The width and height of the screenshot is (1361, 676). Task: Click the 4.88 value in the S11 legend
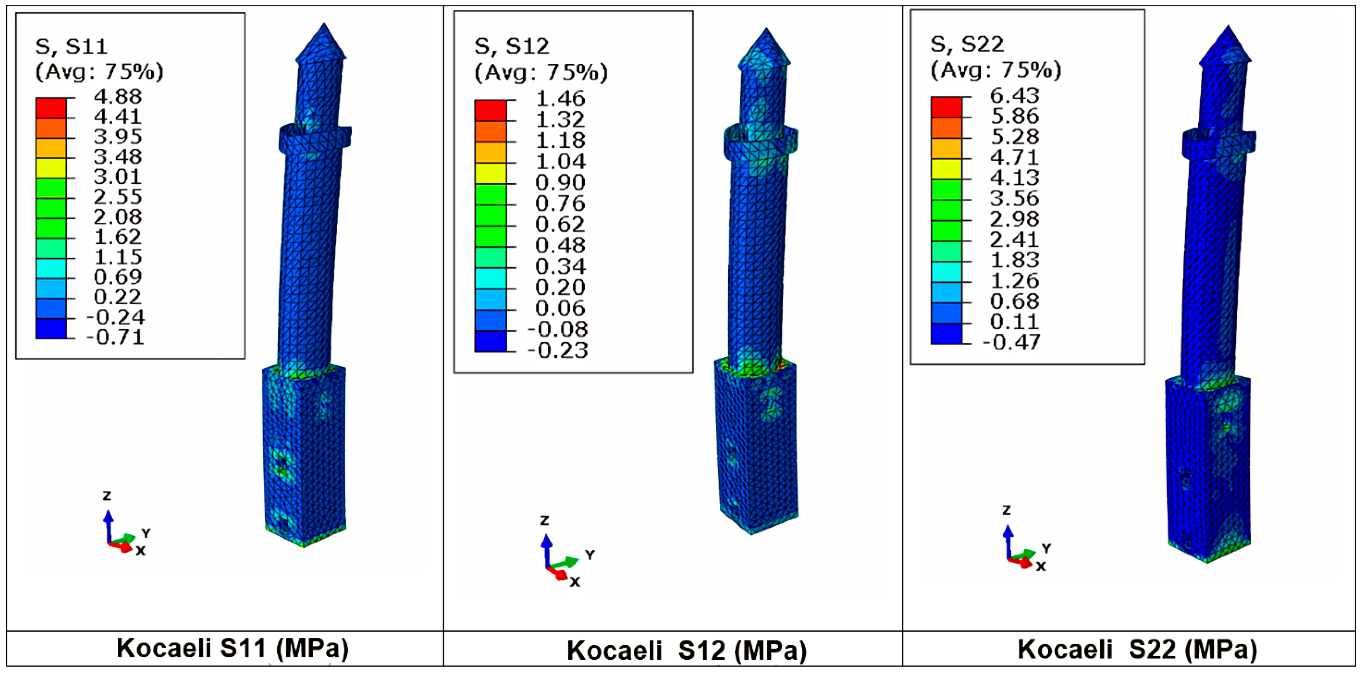tap(118, 97)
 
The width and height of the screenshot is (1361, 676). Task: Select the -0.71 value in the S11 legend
tap(115, 337)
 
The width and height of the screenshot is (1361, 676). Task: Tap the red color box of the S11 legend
tap(51, 108)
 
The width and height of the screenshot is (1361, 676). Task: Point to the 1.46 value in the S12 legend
tap(560, 99)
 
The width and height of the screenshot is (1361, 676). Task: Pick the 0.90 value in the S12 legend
tap(560, 183)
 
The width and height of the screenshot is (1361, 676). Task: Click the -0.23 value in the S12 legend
tap(557, 350)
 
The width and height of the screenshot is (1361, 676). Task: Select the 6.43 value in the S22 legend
tap(1014, 96)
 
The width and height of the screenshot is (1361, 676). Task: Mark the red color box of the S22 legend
tap(946, 107)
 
